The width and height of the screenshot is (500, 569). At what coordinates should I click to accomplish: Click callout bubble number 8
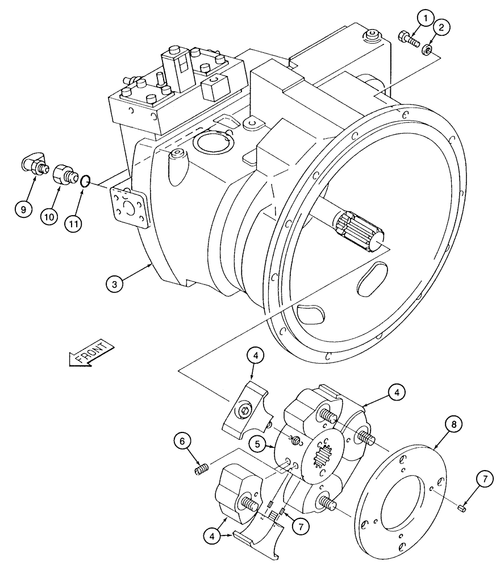(452, 424)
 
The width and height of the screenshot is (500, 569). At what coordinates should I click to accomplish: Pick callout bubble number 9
(23, 209)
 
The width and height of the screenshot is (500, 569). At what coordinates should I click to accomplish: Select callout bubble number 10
(48, 216)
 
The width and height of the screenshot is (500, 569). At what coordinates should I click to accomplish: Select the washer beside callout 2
(429, 52)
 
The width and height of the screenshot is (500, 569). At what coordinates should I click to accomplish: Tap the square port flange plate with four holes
(128, 207)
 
